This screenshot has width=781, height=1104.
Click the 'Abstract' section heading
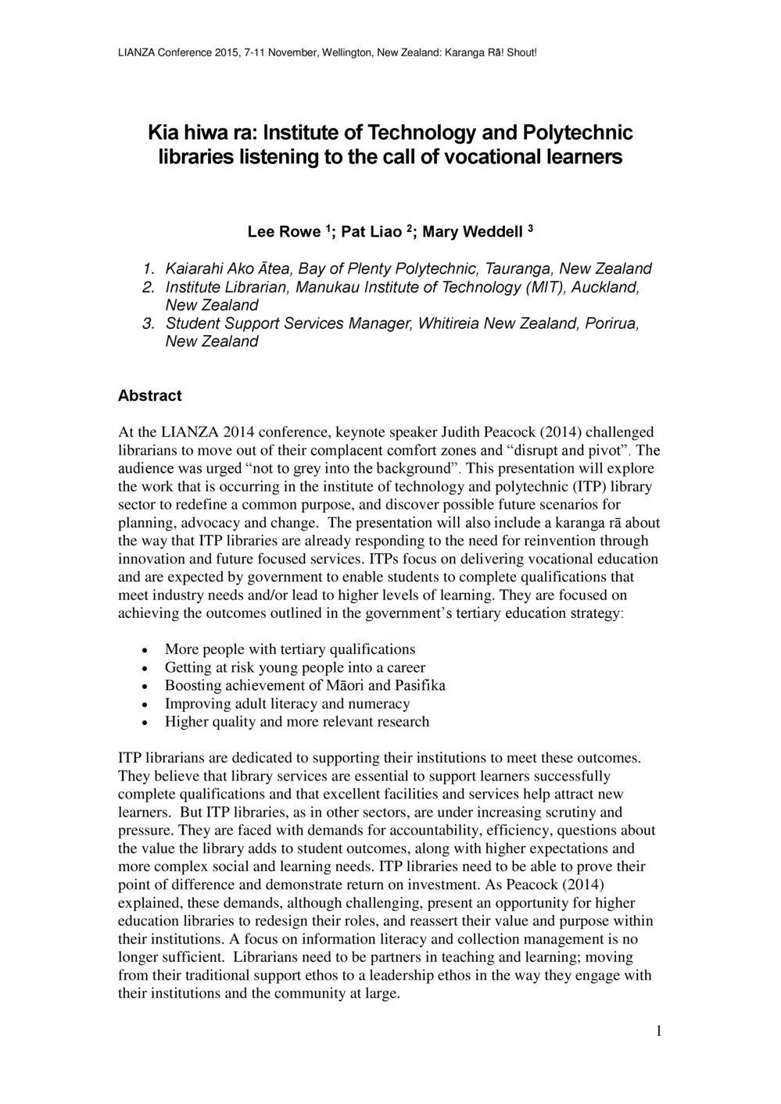[x=149, y=396]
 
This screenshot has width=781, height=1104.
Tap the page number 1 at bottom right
[x=659, y=1031]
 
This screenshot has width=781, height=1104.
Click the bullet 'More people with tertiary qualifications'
[x=290, y=649]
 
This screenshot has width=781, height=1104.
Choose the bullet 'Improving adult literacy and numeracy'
[x=287, y=703]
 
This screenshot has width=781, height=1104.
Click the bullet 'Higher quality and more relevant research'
[x=297, y=721]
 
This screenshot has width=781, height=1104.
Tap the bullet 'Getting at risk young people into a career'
[x=295, y=667]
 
